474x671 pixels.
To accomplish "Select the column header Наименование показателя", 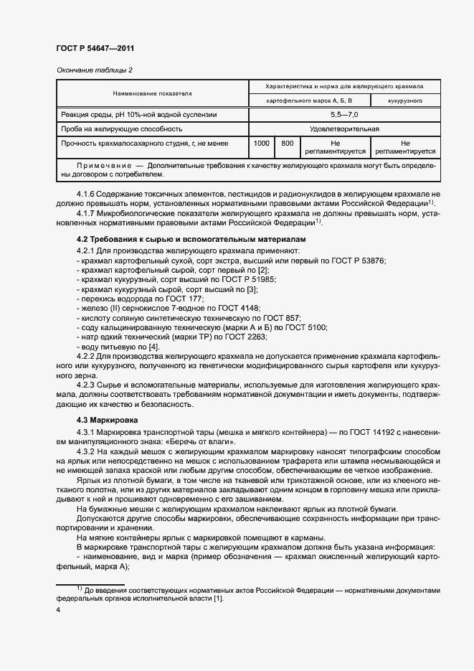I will (x=152, y=93).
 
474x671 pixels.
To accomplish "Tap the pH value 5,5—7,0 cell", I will (x=344, y=114).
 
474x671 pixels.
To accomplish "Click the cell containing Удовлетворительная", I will (x=344, y=129).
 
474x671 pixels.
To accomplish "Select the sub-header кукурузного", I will (x=404, y=101).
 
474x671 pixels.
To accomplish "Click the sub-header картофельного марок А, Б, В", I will (x=309, y=101).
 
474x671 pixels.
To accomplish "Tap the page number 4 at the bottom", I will (x=57, y=609).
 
